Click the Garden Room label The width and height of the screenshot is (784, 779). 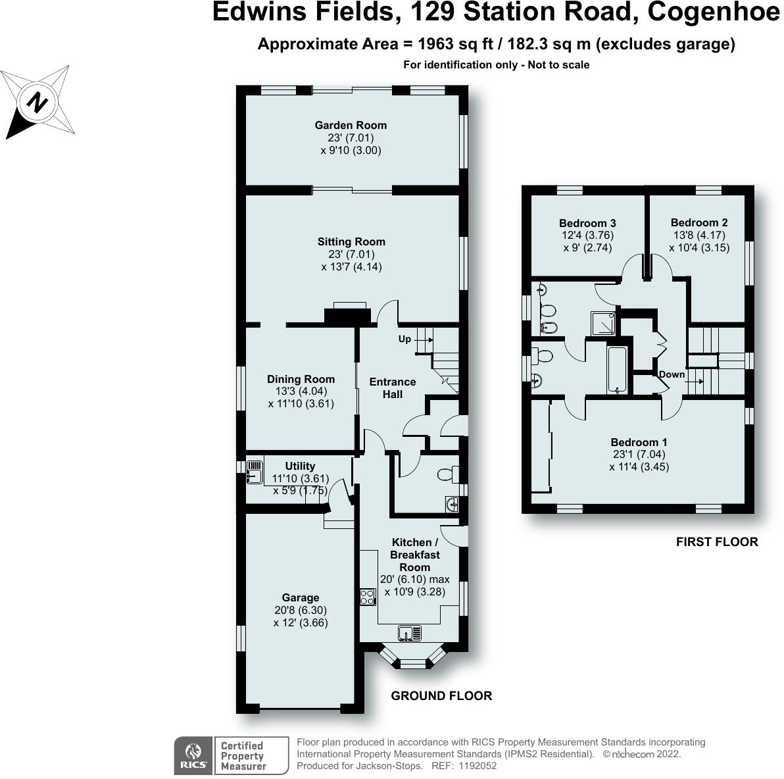(x=351, y=125)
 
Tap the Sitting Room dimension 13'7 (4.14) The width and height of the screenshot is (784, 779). (x=351, y=267)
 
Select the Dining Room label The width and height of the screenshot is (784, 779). (x=301, y=379)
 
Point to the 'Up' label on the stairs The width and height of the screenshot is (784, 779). (x=404, y=339)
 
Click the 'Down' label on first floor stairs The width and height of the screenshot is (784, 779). (x=672, y=374)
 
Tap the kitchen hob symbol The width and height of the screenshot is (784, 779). (x=367, y=597)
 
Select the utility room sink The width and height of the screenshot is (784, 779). (x=255, y=470)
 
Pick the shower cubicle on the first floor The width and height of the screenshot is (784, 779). (x=602, y=322)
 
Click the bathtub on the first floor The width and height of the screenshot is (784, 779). (x=617, y=370)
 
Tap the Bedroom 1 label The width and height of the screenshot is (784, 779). (x=639, y=442)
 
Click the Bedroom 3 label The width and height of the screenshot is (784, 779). (x=587, y=223)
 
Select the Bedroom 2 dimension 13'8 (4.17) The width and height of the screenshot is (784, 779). (x=699, y=236)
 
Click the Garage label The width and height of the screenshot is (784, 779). (x=301, y=597)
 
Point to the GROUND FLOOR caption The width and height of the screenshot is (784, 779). (x=441, y=695)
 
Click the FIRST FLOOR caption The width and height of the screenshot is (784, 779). (x=717, y=541)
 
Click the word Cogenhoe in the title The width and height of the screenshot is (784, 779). (x=713, y=12)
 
